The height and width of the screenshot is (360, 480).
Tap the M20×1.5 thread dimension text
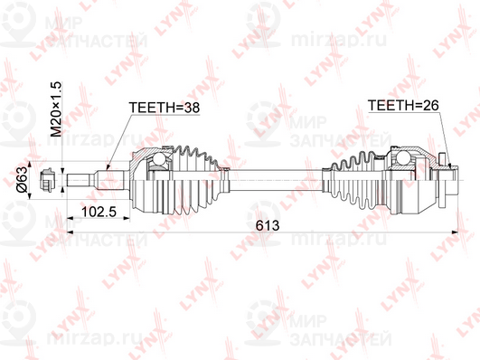54,109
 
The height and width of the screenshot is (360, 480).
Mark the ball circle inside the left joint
160,162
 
